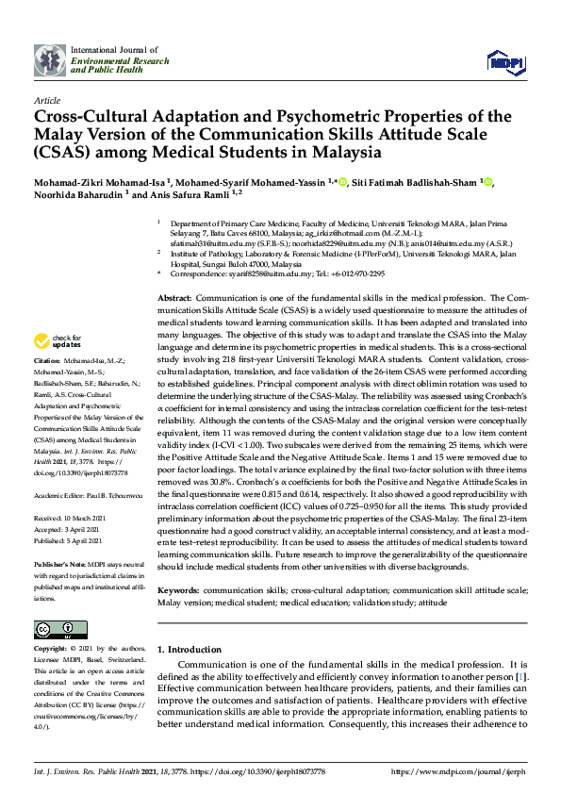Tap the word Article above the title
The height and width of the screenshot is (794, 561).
(x=46, y=100)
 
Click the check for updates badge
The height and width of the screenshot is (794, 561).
(x=58, y=341)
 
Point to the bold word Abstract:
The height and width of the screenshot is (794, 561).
(x=174, y=297)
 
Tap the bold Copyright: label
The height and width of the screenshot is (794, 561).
(x=50, y=649)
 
